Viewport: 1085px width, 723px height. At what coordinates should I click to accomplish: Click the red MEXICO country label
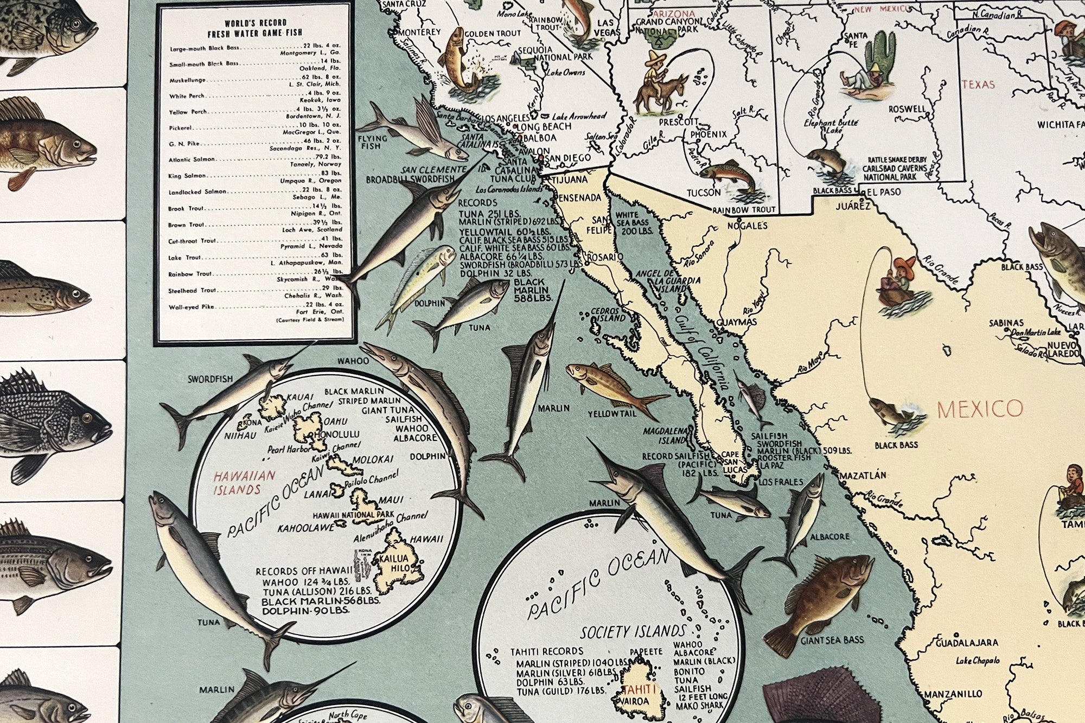(x=980, y=408)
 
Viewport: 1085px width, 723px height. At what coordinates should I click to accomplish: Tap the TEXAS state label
(x=978, y=85)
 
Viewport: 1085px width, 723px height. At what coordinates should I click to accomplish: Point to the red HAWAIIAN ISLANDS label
(x=237, y=482)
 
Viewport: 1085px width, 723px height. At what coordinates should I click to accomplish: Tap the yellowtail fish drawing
(x=613, y=386)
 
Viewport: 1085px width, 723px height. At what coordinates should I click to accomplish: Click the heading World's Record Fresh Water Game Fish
(x=255, y=29)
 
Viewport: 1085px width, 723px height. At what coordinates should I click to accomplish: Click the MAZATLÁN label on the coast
(x=863, y=475)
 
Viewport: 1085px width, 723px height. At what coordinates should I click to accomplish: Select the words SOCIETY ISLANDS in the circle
(x=633, y=632)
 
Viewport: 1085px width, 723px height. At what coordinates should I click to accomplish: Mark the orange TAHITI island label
(x=640, y=689)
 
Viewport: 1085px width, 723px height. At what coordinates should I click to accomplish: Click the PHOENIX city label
(x=708, y=134)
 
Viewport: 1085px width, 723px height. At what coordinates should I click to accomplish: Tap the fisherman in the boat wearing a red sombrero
(x=899, y=282)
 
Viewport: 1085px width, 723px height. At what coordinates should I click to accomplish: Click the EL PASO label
(x=883, y=192)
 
